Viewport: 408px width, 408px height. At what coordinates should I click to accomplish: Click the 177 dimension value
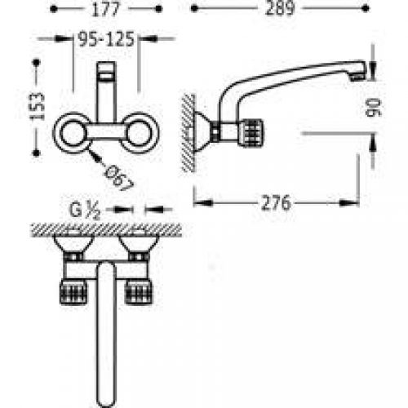click(105, 9)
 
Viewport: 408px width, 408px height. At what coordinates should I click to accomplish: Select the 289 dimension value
click(280, 8)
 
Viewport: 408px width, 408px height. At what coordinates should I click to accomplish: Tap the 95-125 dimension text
click(106, 39)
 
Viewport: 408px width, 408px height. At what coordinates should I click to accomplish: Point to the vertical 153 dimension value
click(37, 106)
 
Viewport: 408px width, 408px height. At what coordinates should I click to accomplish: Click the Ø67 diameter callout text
click(119, 178)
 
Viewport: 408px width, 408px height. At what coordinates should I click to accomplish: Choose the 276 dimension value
click(276, 203)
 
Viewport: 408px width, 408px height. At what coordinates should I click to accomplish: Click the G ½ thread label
click(85, 210)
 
